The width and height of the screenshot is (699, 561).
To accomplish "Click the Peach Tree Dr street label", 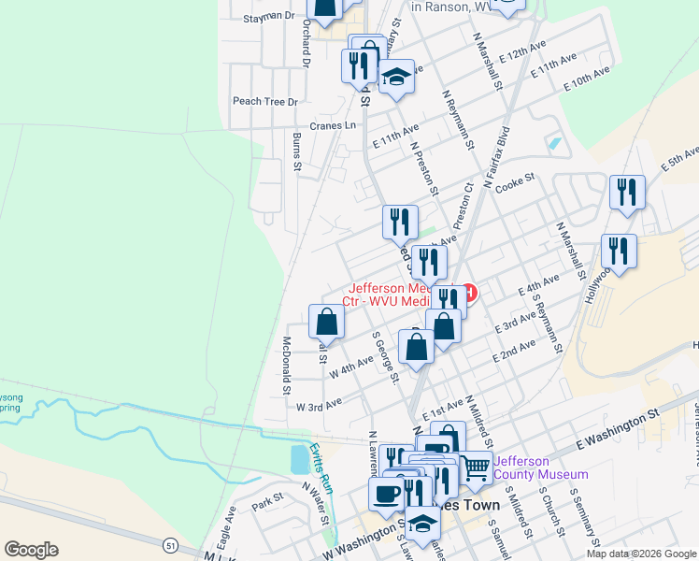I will [x=264, y=101].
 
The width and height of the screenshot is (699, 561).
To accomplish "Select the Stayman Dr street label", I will [x=268, y=17].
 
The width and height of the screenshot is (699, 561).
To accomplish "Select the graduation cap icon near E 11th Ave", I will [x=397, y=76].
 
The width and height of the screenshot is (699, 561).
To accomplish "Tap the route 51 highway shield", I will [x=169, y=545].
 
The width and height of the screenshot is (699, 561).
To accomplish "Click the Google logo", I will [x=30, y=550].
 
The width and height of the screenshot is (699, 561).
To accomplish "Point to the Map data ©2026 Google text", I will [x=639, y=554].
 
